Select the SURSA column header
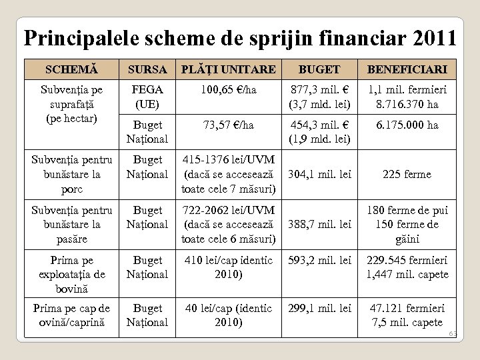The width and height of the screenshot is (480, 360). (147, 69)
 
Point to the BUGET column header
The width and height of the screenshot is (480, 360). (319, 69)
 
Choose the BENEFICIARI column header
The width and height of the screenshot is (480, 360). (406, 69)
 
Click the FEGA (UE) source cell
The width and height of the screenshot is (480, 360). (147, 96)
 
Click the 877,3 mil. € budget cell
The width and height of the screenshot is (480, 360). (319, 96)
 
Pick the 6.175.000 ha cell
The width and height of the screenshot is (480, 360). (406, 125)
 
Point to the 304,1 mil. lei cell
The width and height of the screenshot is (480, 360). (319, 174)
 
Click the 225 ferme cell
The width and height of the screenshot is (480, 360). (406, 174)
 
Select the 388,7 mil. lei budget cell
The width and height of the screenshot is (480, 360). (319, 225)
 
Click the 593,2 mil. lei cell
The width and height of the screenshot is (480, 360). (319, 260)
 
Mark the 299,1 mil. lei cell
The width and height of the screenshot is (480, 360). (319, 308)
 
